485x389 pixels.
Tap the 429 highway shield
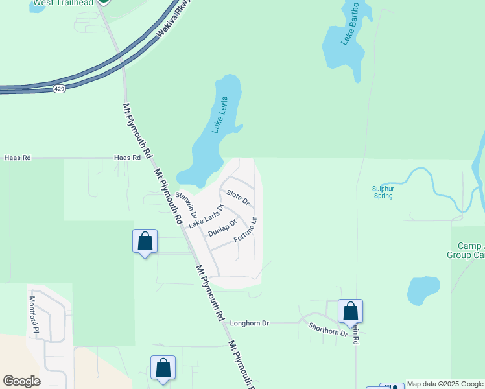(59, 89)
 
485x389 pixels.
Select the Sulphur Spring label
(383, 192)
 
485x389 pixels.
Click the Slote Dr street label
(238, 197)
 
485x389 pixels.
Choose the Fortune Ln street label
(246, 230)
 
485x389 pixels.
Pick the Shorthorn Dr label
(327, 329)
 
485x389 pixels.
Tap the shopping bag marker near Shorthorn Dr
(350, 311)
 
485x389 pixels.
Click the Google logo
(21, 381)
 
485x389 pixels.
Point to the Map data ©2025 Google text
(445, 384)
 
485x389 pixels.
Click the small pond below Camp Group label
(423, 290)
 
